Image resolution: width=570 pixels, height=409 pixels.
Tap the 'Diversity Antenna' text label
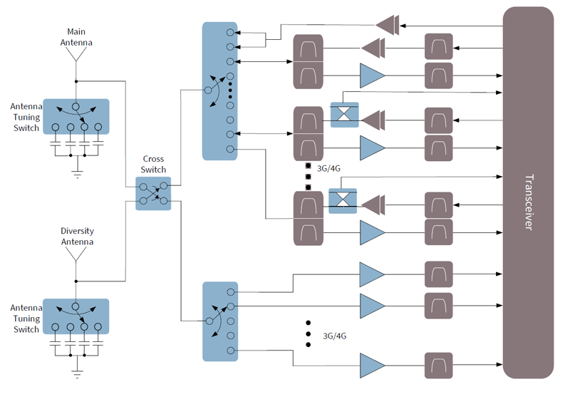click(x=77, y=237)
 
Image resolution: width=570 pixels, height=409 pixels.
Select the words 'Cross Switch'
click(x=154, y=165)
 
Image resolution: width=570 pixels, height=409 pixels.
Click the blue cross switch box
click(x=154, y=193)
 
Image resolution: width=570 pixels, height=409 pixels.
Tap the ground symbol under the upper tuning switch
click(x=77, y=171)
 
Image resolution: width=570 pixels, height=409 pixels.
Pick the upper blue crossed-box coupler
click(x=344, y=115)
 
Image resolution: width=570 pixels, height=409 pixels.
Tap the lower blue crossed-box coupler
click(x=343, y=200)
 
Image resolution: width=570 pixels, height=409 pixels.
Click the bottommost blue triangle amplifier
click(x=371, y=365)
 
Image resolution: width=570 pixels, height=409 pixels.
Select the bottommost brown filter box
click(x=439, y=365)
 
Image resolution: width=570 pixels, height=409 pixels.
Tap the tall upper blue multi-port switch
click(x=219, y=90)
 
